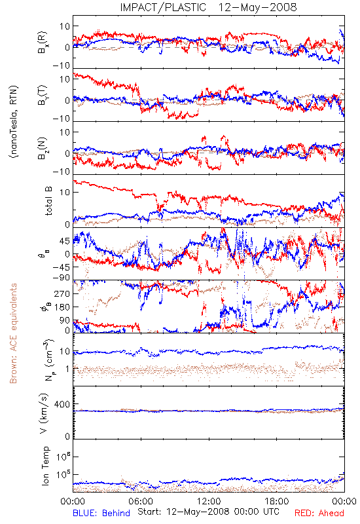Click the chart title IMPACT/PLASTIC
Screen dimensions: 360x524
click(x=163, y=7)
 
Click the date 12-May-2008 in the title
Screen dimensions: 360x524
click(x=257, y=7)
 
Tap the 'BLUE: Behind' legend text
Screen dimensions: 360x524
click(x=101, y=513)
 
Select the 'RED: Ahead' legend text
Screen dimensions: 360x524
click(x=319, y=513)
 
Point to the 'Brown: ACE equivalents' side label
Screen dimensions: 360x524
click(x=13, y=333)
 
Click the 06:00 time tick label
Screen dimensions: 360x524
click(x=141, y=501)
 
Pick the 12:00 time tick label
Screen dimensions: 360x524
click(x=209, y=501)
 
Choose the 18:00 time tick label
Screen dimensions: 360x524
click(x=277, y=501)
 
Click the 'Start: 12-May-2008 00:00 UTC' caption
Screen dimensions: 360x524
click(x=208, y=512)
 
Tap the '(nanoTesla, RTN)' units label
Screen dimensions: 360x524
click(x=14, y=122)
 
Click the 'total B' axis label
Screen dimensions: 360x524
click(x=48, y=201)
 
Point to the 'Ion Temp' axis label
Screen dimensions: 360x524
click(x=45, y=466)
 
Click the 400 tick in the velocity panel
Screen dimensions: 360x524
click(x=62, y=404)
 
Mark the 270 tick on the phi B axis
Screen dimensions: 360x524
click(x=62, y=293)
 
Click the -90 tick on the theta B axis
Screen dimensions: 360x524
click(x=62, y=277)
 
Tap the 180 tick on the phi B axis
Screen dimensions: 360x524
click(x=62, y=307)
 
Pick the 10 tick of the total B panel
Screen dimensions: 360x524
click(x=65, y=192)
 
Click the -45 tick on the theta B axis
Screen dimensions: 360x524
click(x=62, y=267)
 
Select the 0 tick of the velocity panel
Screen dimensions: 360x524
click(x=67, y=436)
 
